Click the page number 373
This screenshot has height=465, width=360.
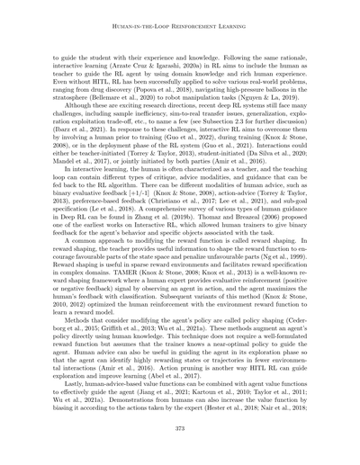(180, 427)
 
